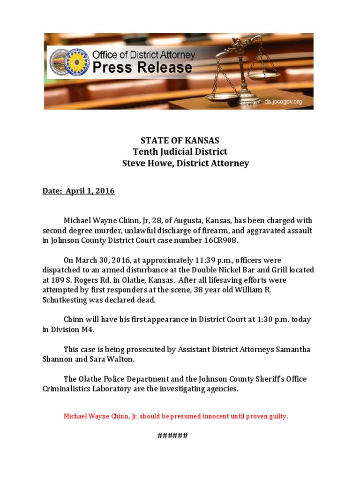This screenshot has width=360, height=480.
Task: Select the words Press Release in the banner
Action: [x=142, y=67]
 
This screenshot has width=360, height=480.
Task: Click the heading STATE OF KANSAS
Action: [x=180, y=140]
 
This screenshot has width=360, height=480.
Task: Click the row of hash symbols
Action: [x=172, y=436]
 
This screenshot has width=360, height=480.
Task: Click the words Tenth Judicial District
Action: [x=180, y=152]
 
